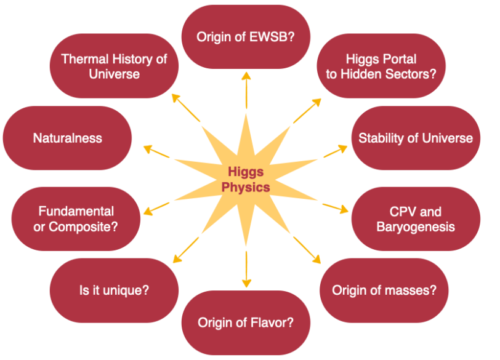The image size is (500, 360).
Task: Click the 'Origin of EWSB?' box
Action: [246, 37]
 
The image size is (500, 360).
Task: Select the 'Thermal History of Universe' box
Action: [114, 66]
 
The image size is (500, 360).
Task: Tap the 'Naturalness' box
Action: [68, 138]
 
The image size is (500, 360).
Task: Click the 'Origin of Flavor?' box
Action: [246, 322]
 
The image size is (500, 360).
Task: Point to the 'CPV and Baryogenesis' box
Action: [416, 219]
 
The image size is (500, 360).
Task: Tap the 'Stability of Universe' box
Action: [416, 138]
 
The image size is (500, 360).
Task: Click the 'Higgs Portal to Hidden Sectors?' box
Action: [381, 66]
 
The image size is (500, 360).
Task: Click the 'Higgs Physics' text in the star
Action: [249, 179]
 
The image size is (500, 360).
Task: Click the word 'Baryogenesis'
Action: [416, 226]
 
